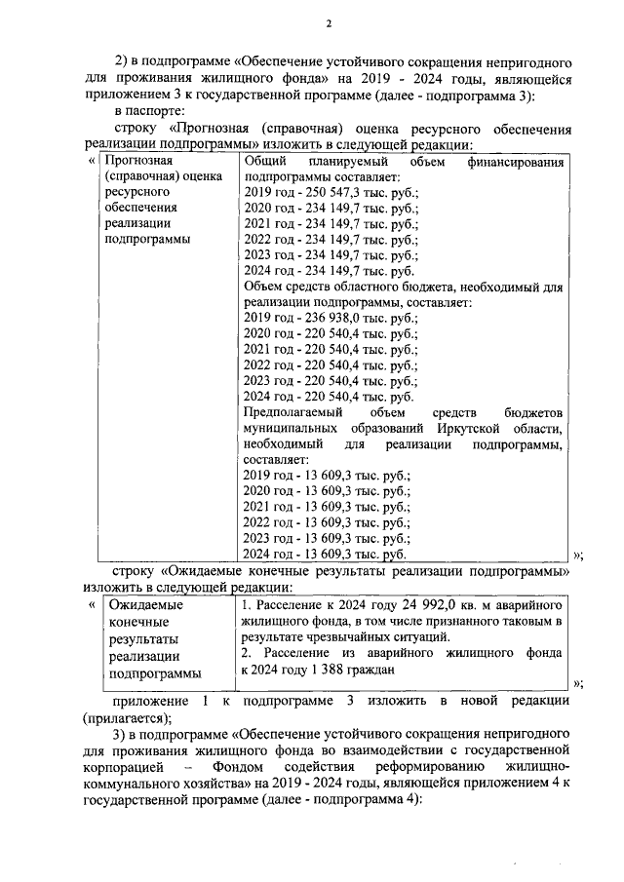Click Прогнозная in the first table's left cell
[x=139, y=161]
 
